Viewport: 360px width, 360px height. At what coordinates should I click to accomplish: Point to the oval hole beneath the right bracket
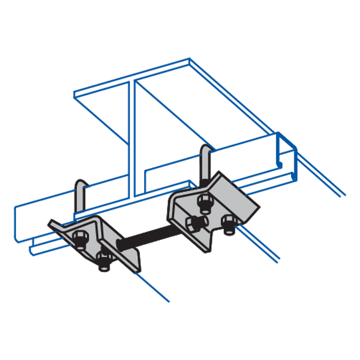pyautogui.click(x=229, y=231)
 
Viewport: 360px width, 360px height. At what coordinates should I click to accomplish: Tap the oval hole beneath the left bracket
pyautogui.click(x=104, y=268)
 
